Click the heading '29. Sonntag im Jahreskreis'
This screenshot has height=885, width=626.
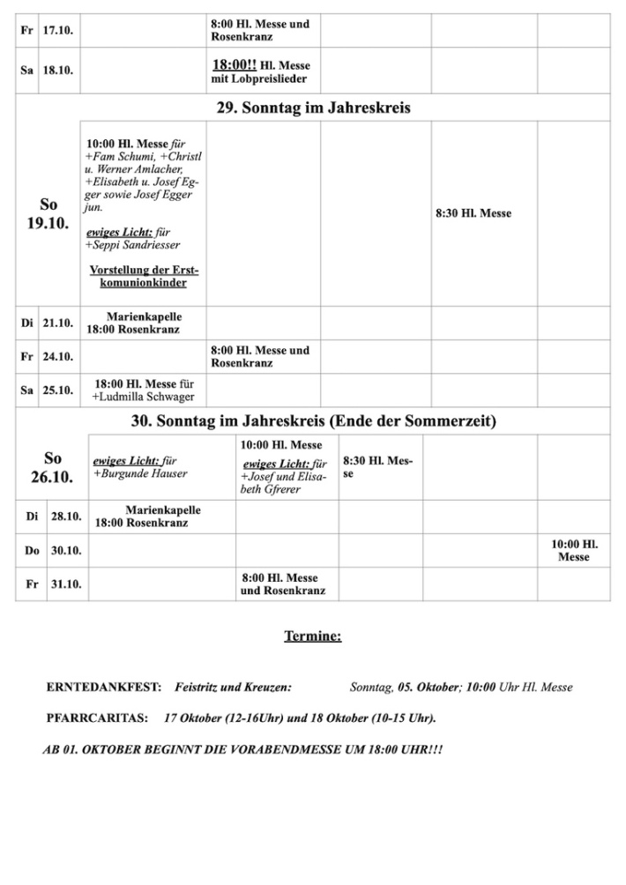tap(313, 108)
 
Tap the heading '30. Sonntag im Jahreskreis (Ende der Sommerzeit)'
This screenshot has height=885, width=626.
tap(313, 421)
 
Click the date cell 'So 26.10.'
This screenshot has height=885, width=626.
tap(52, 467)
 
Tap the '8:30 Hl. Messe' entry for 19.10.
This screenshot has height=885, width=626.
tap(473, 213)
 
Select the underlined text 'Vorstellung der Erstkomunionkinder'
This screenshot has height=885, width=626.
tap(144, 276)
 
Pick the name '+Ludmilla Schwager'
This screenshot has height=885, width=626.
tap(143, 398)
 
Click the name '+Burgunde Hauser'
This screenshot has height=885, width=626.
tap(140, 473)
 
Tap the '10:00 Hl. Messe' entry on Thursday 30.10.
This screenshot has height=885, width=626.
tap(574, 551)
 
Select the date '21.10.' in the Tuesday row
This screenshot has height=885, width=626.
tap(58, 323)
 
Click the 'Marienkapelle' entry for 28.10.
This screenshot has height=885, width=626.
tap(163, 509)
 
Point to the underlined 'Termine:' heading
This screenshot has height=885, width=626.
tap(312, 636)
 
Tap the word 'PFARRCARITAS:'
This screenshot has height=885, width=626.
tap(97, 718)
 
